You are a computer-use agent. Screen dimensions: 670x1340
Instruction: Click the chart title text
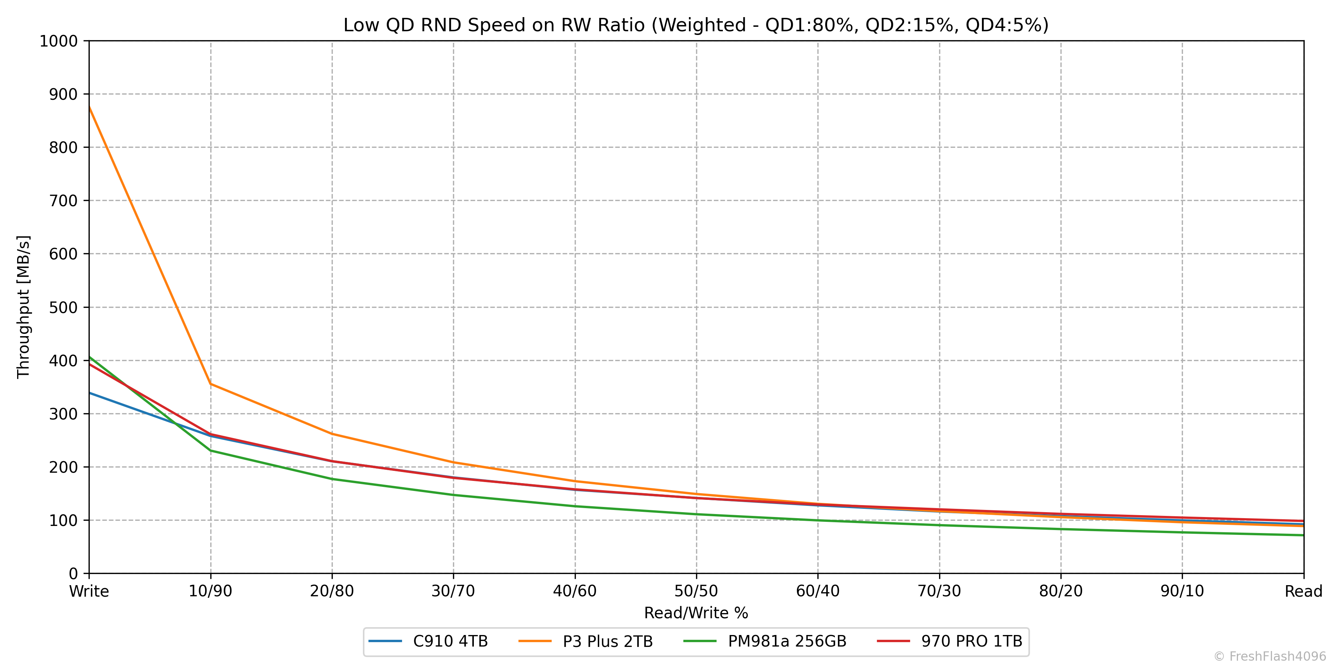[x=695, y=25]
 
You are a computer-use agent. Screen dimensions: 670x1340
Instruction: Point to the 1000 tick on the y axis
[x=58, y=41]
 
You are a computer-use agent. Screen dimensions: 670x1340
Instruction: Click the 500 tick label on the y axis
[x=63, y=307]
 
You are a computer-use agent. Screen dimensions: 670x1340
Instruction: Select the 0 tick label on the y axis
[x=73, y=574]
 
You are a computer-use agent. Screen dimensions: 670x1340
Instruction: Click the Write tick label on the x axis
[x=89, y=591]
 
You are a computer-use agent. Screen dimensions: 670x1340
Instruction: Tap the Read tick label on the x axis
[x=1303, y=591]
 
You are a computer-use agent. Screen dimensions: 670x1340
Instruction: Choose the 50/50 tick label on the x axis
[x=696, y=591]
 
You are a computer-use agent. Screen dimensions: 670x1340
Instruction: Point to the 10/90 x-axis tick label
[x=210, y=591]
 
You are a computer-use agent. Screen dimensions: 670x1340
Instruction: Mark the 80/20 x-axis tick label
[x=1061, y=591]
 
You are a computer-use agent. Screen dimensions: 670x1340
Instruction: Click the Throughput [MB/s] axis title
[x=23, y=307]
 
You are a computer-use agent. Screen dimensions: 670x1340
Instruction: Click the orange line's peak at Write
[x=89, y=107]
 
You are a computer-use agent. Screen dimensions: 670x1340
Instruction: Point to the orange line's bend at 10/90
[x=210, y=384]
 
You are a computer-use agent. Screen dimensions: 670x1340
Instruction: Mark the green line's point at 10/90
[x=210, y=450]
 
